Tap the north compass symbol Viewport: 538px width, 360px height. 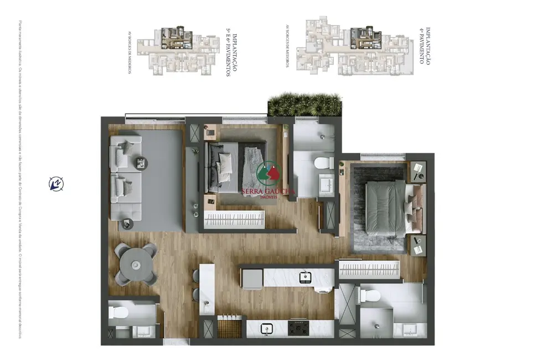pos(56,183)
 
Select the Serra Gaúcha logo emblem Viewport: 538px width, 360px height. pos(269,173)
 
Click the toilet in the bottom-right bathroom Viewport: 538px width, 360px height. pos(368,296)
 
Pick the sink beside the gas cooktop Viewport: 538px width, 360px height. pos(266,329)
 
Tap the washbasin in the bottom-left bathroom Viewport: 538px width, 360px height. pos(141,331)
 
